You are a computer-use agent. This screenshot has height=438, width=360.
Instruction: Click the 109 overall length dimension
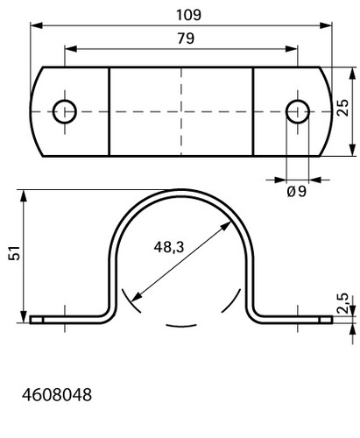pyautogui.click(x=188, y=15)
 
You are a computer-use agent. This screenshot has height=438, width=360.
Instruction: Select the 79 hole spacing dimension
pyautogui.click(x=186, y=39)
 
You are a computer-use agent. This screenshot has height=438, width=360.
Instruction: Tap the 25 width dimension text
pyautogui.click(x=342, y=108)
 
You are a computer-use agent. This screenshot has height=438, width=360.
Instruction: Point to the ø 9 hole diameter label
pyautogui.click(x=297, y=192)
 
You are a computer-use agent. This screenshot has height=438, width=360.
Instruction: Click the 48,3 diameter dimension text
pyautogui.click(x=169, y=247)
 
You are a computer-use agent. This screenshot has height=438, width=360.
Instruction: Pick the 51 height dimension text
pyautogui.click(x=15, y=253)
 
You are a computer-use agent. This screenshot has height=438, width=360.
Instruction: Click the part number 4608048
pyautogui.click(x=57, y=395)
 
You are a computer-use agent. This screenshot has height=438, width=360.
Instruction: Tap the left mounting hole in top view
pyautogui.click(x=65, y=111)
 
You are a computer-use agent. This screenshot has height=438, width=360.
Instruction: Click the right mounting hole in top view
pyautogui.click(x=298, y=111)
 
